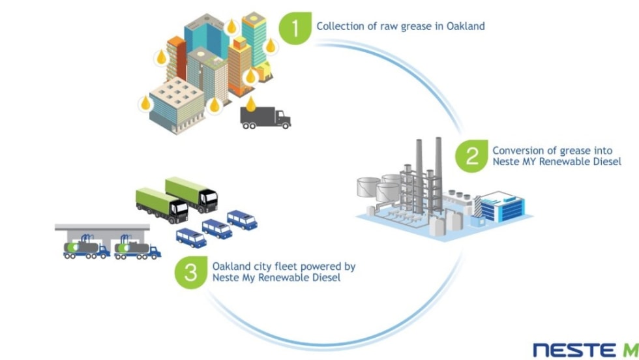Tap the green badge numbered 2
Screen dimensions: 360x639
click(470, 157)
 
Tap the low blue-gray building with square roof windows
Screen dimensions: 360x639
click(174, 102)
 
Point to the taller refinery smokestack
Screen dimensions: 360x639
click(438, 163)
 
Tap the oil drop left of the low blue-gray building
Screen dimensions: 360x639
click(145, 103)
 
